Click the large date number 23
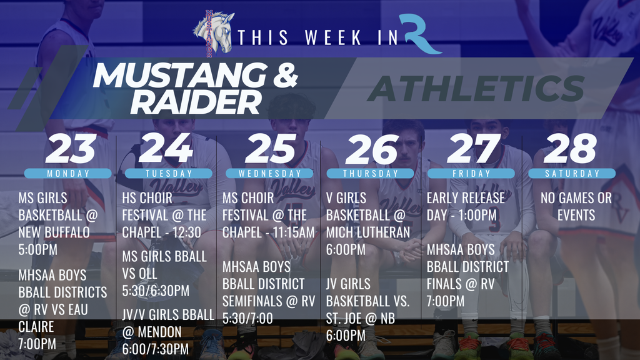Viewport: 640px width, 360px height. pyautogui.click(x=71, y=149)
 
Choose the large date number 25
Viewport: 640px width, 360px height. pyautogui.click(x=271, y=149)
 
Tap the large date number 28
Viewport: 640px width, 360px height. pyautogui.click(x=570, y=149)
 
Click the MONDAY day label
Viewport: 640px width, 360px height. pyautogui.click(x=69, y=173)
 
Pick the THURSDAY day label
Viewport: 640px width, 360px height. pyautogui.click(x=371, y=173)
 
